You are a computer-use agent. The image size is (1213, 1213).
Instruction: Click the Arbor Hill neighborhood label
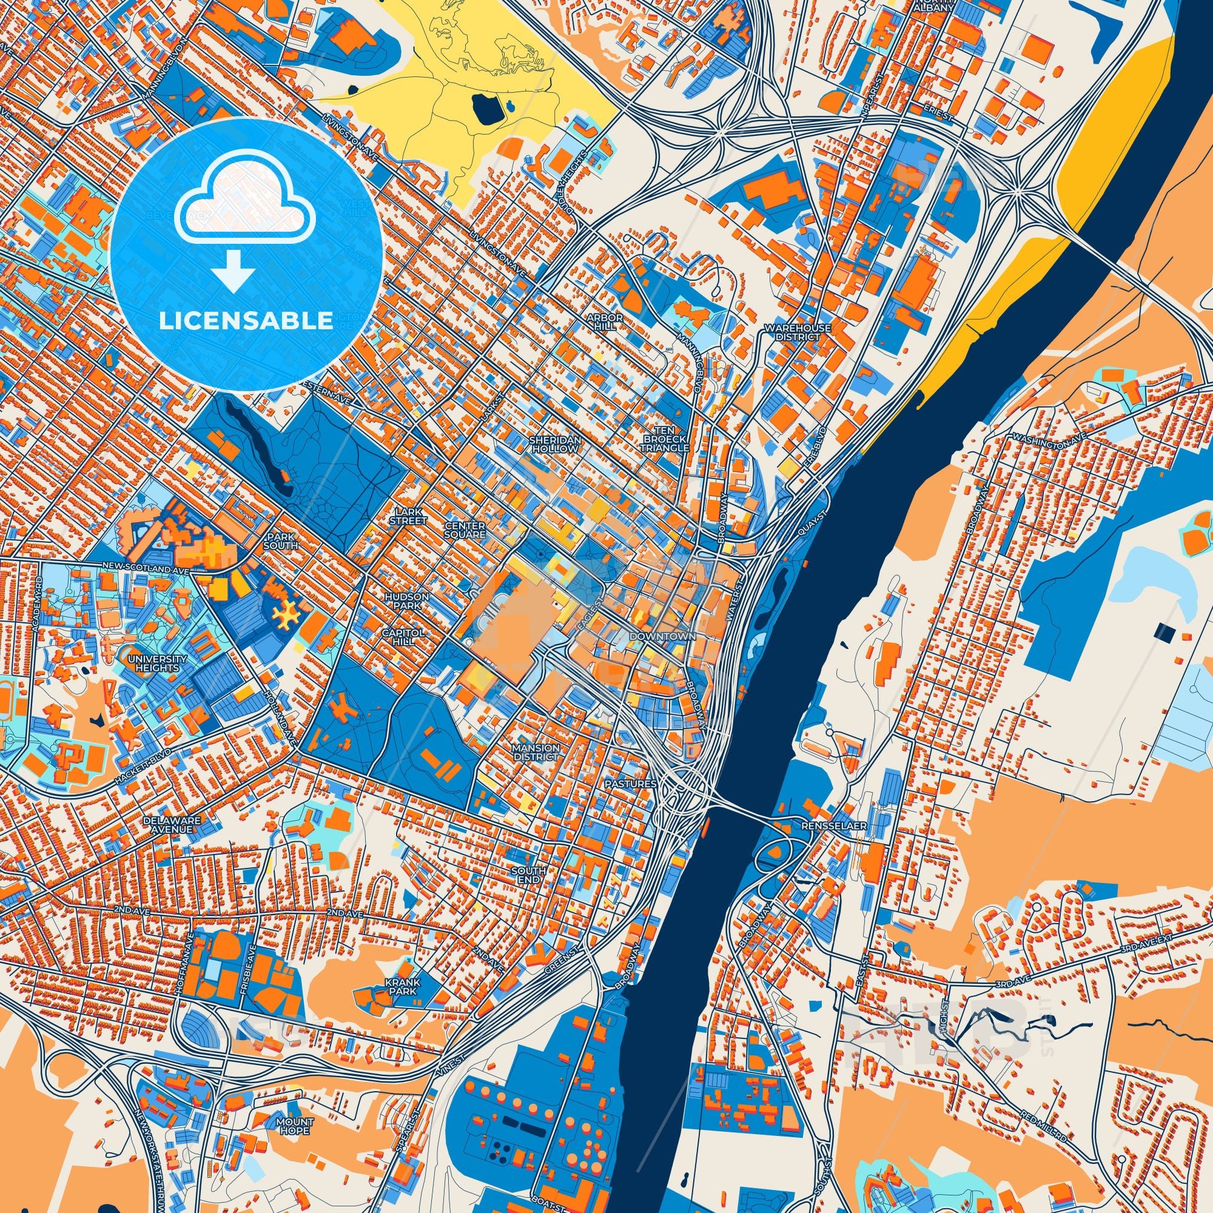(x=604, y=322)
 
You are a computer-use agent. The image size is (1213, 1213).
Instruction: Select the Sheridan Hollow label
(x=555, y=445)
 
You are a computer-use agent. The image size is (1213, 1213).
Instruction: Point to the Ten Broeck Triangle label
(x=664, y=440)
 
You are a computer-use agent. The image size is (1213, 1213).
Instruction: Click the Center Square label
(x=465, y=530)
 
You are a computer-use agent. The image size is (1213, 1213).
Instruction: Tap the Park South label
(x=281, y=542)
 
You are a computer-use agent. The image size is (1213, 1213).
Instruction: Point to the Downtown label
(x=662, y=636)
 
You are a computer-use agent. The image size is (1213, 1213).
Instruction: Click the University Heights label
(x=157, y=663)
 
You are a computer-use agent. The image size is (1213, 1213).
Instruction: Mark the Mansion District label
(x=535, y=752)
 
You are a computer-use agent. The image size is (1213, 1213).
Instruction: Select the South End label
(x=525, y=876)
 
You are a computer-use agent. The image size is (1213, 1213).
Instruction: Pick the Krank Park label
(x=403, y=986)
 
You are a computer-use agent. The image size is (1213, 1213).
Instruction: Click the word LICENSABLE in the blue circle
(x=246, y=321)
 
